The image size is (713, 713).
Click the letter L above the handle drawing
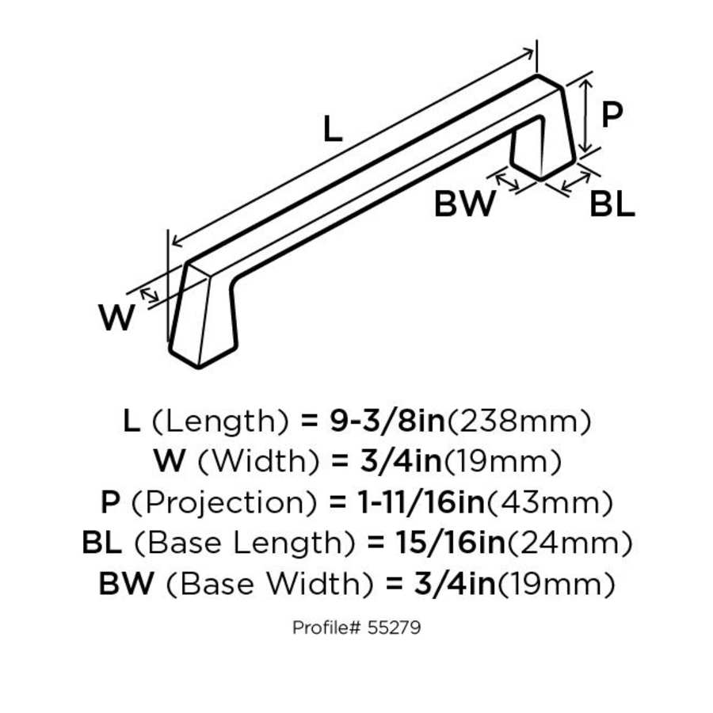tap(334, 128)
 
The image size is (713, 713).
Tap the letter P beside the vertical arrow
tap(612, 116)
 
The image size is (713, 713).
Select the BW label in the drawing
tap(463, 204)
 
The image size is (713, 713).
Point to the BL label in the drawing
tap(612, 206)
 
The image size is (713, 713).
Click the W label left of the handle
tap(116, 318)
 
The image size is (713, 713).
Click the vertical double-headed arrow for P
tap(585, 114)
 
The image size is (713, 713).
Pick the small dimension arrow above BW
tap(505, 179)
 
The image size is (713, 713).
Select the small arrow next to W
tap(150, 295)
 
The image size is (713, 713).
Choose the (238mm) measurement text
tap(520, 421)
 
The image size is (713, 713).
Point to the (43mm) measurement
tap(549, 502)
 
